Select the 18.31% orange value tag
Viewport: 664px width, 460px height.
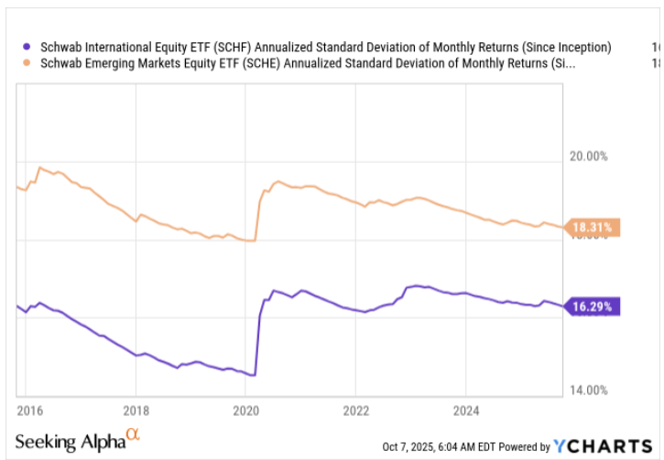coord(594,227)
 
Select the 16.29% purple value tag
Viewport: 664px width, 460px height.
coord(594,306)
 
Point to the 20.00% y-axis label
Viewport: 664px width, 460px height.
coord(589,157)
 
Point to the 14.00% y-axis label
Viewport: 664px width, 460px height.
coord(589,390)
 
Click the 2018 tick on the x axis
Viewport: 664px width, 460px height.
coord(136,409)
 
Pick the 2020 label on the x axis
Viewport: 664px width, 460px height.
coord(245,409)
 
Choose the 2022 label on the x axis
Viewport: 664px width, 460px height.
coord(355,409)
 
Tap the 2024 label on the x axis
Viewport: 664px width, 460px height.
coord(466,409)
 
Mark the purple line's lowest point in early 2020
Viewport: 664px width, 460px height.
coord(253,375)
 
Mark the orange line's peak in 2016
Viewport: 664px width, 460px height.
coord(39,168)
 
